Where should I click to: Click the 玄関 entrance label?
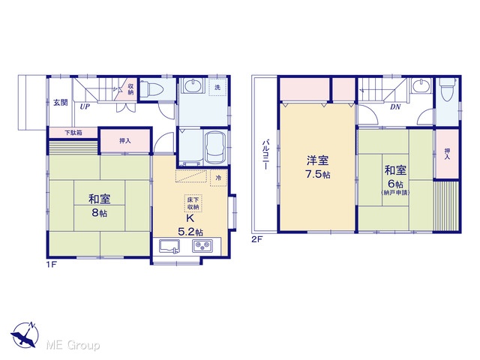[61, 103]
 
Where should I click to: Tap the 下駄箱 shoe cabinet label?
[73, 133]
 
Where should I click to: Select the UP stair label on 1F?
[85, 106]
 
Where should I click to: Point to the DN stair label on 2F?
[395, 107]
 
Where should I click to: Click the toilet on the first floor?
[151, 89]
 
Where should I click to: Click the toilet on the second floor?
[447, 88]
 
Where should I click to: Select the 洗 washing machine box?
[217, 87]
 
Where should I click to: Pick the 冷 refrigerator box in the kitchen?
[218, 178]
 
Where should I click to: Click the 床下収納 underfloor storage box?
[193, 203]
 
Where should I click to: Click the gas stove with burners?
[202, 246]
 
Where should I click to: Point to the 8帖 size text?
[100, 213]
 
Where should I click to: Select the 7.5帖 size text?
[318, 175]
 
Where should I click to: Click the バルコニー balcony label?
[265, 154]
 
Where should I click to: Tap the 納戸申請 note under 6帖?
[395, 193]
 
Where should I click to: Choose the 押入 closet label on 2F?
[447, 154]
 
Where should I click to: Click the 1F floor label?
[52, 264]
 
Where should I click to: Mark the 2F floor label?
[257, 239]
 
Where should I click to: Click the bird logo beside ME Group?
[25, 335]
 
